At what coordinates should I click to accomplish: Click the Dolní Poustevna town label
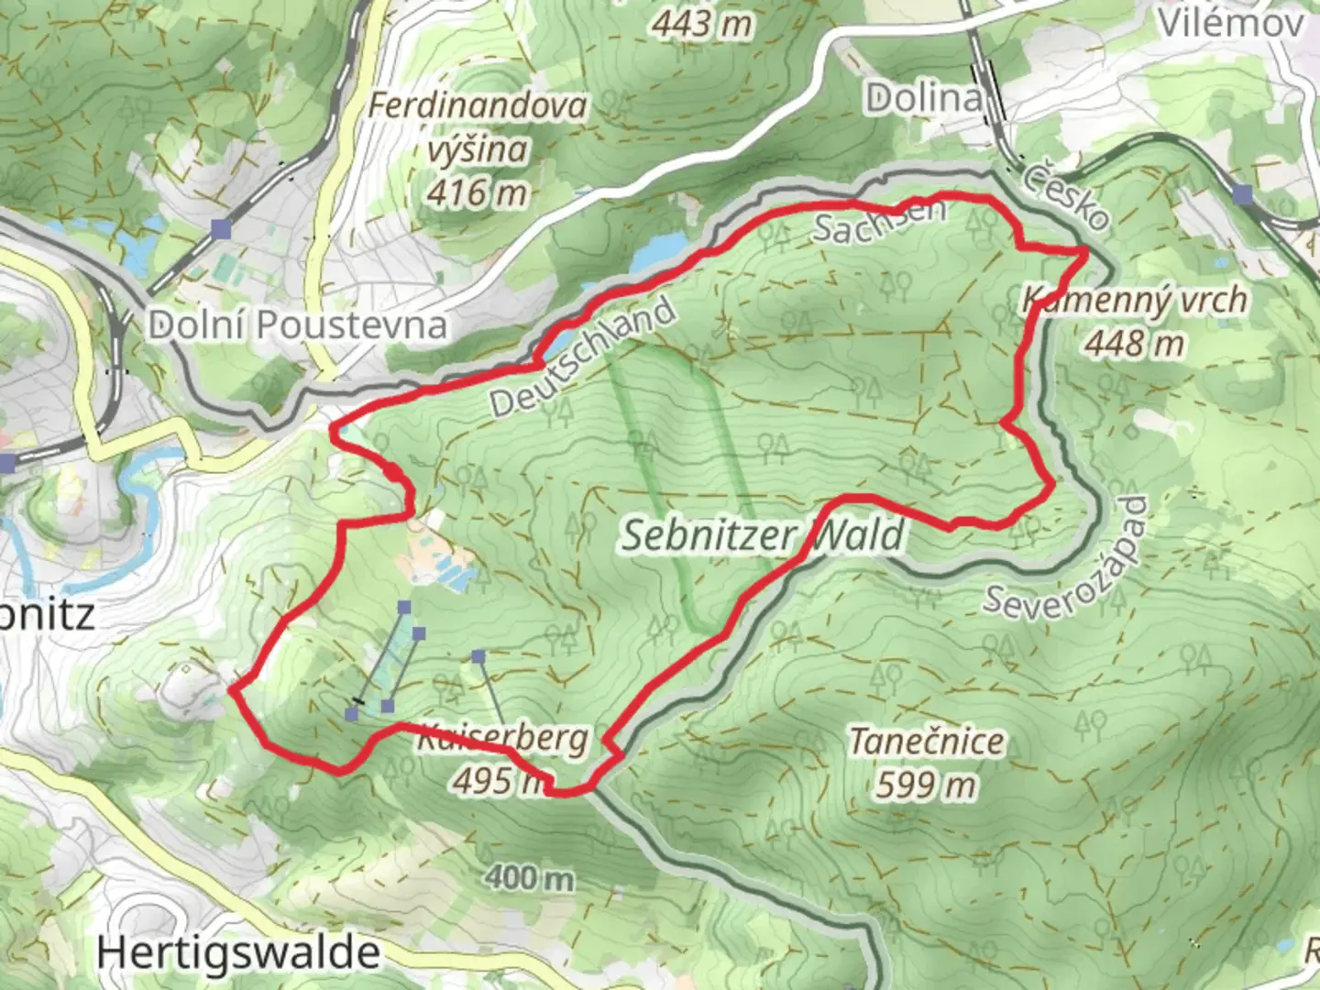tap(297, 325)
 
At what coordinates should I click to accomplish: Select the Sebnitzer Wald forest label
tap(763, 534)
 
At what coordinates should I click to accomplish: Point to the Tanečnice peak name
tap(926, 741)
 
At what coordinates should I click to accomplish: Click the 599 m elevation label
tap(926, 785)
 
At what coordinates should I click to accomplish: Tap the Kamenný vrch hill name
tap(1135, 300)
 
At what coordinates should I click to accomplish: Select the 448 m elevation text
tap(1135, 344)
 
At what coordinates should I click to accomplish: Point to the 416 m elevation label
tap(478, 192)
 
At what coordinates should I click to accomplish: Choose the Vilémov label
tap(1230, 23)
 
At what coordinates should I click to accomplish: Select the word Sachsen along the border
tap(877, 221)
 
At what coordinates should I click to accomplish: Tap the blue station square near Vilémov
tap(1243, 194)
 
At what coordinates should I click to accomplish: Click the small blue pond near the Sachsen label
tap(658, 250)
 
